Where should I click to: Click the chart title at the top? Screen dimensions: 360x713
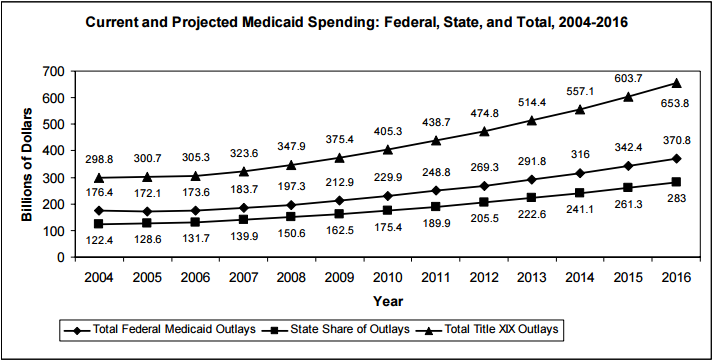pyautogui.click(x=355, y=22)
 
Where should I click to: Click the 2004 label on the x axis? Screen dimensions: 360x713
pyautogui.click(x=98, y=275)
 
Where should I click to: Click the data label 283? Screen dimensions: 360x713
pyautogui.click(x=676, y=200)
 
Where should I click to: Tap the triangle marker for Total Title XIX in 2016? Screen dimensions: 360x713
pyautogui.click(x=676, y=83)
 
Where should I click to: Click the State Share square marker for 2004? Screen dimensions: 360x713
pyautogui.click(x=98, y=224)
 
